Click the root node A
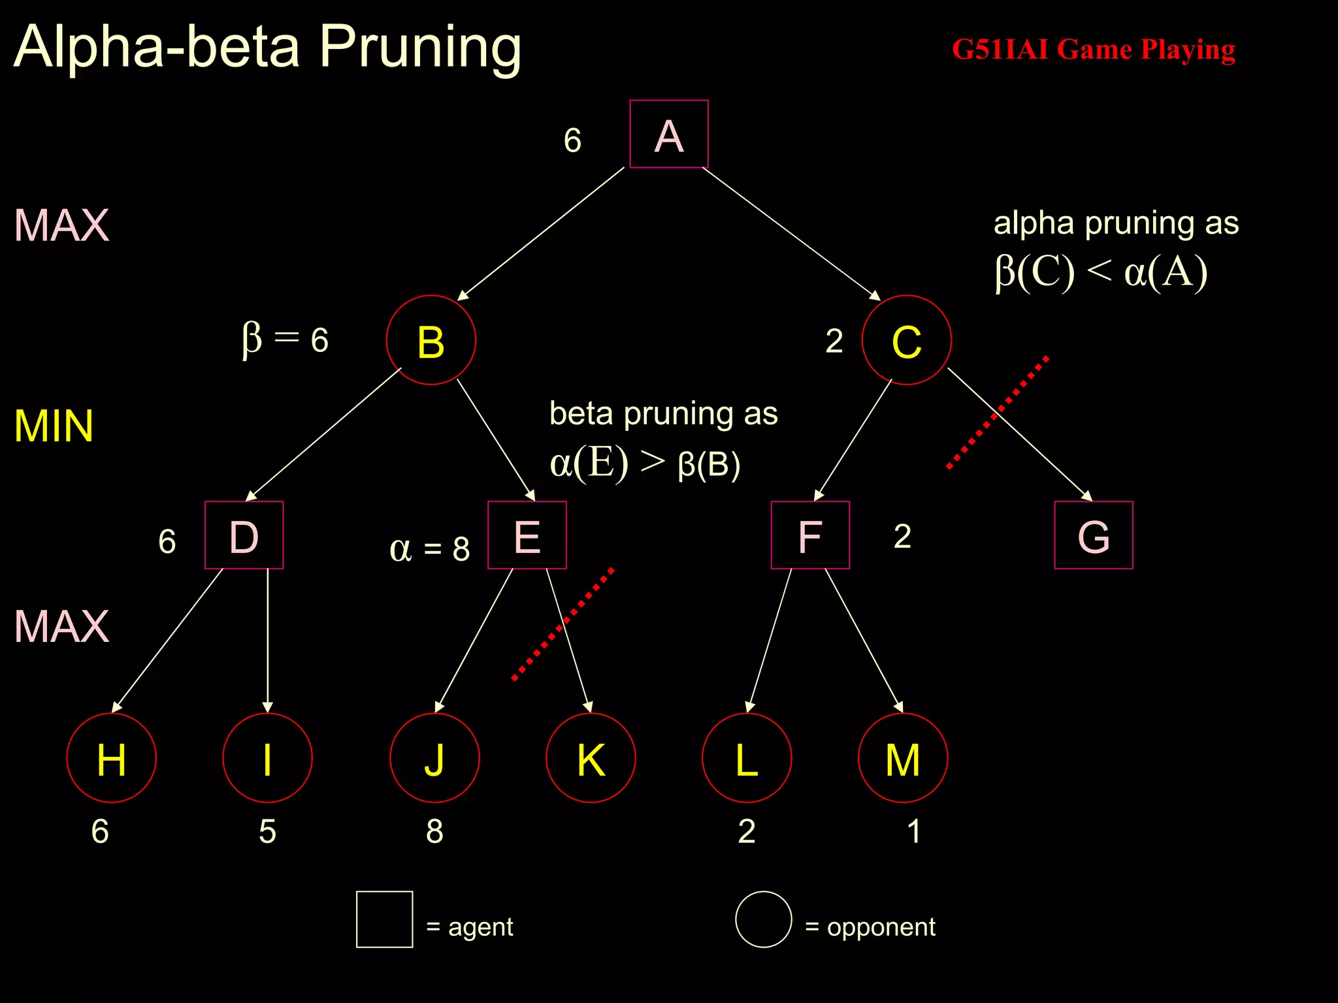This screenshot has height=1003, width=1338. tap(668, 135)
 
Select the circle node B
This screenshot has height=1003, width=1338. tap(431, 340)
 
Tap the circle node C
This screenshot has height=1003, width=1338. tap(906, 340)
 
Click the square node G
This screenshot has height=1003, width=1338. tap(1093, 535)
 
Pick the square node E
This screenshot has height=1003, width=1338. tap(527, 535)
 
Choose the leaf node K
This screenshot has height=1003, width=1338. tap(591, 758)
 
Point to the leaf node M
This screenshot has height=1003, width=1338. tap(902, 758)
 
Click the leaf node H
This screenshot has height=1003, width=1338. tap(112, 758)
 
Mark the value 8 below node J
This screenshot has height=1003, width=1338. tap(434, 831)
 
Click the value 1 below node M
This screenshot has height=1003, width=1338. tap(913, 831)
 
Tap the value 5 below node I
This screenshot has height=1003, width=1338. tap(267, 831)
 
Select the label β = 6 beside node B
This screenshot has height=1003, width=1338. tap(285, 339)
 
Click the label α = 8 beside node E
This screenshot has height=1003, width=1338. tap(429, 549)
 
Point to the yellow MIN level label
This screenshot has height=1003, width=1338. tap(54, 426)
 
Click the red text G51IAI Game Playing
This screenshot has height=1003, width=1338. tap(1093, 50)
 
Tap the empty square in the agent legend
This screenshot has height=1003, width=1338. tap(384, 919)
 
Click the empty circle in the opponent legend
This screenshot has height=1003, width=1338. tap(763, 919)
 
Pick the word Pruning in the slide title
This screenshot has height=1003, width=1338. tap(420, 47)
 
